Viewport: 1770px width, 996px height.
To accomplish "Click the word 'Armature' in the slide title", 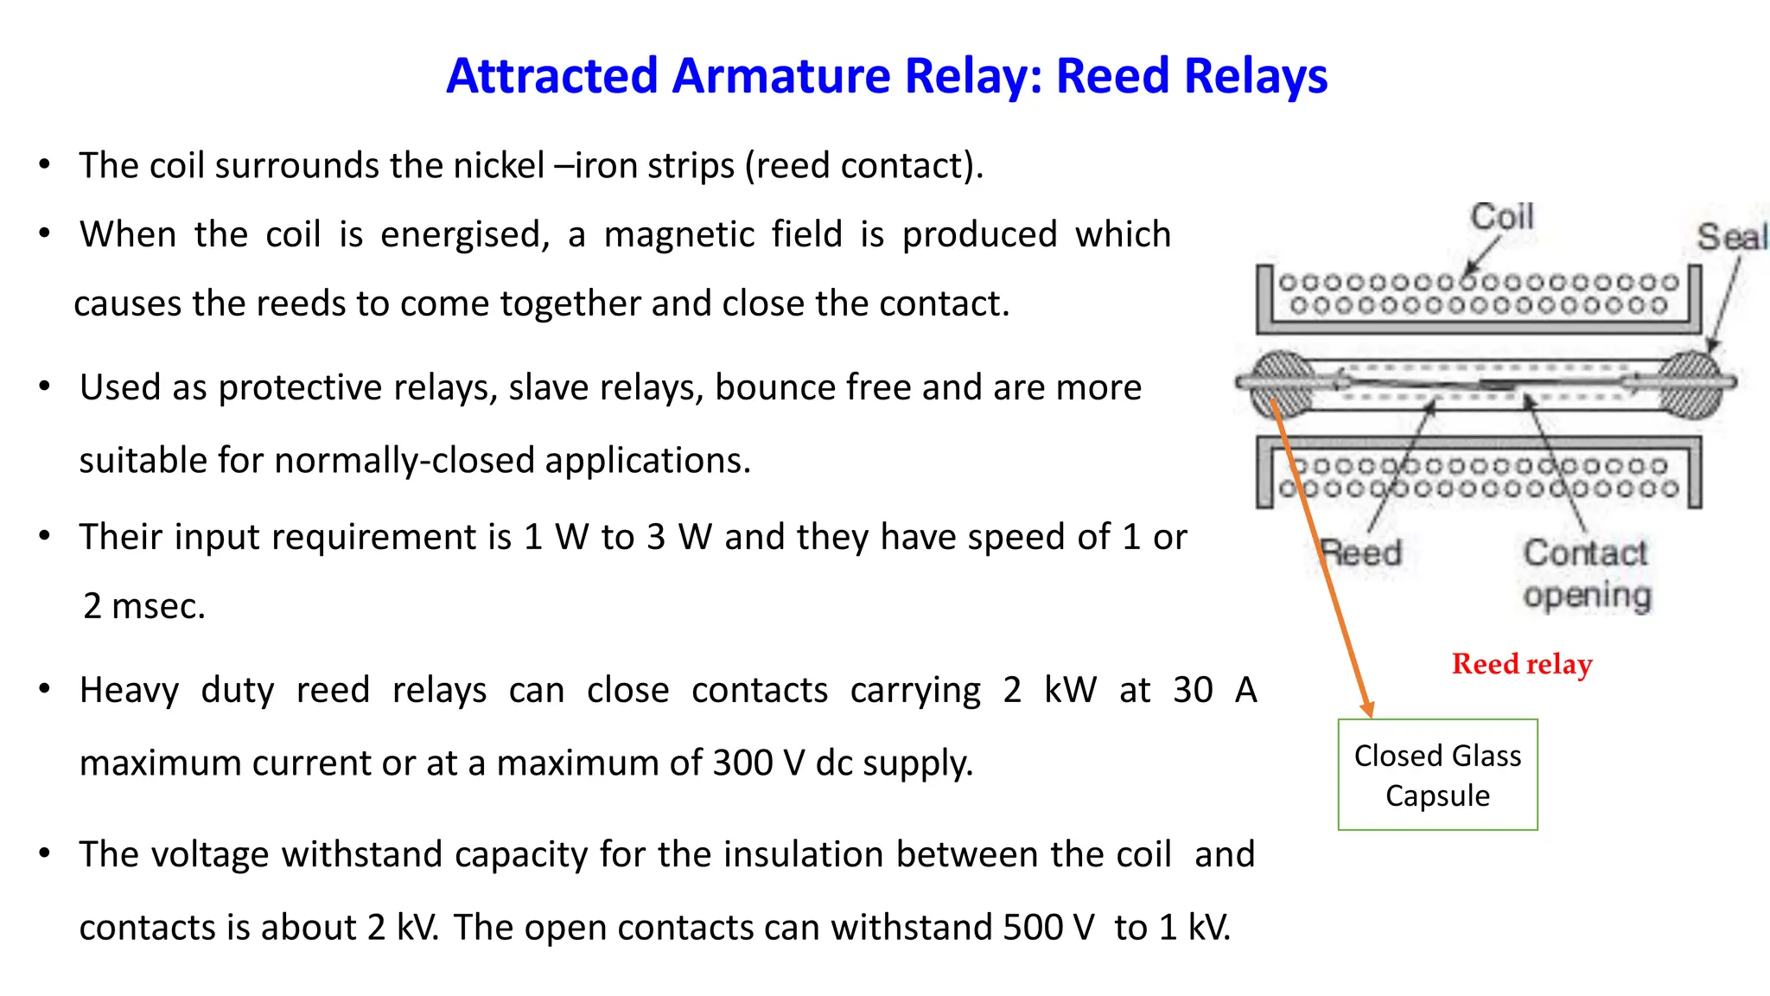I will click(780, 76).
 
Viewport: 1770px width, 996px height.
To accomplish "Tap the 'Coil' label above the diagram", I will click(1502, 217).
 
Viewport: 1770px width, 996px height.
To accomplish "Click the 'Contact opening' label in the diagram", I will click(1587, 574).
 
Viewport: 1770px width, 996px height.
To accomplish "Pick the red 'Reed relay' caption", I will click(1522, 664).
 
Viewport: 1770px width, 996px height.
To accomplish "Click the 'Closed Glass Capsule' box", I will click(1437, 775).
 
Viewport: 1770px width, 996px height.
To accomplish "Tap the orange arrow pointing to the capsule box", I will click(1322, 562).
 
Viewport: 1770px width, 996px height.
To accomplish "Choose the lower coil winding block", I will click(1478, 476).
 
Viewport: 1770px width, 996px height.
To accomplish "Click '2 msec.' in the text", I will click(144, 606).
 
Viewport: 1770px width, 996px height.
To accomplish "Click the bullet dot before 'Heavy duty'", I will click(45, 689).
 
